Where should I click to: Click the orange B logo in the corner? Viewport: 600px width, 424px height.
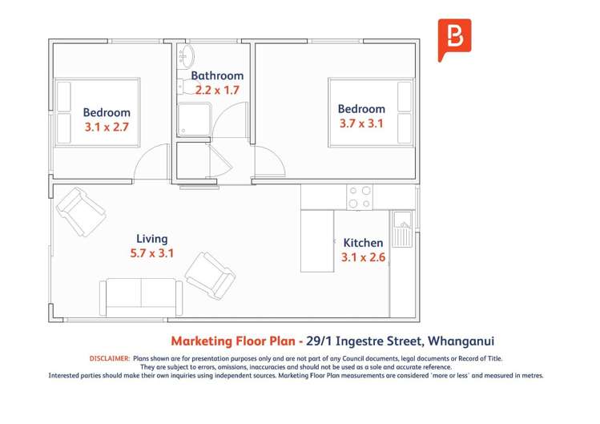(x=454, y=39)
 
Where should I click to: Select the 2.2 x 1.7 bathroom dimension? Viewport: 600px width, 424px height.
(x=217, y=91)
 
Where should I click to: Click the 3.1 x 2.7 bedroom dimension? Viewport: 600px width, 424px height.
(x=107, y=127)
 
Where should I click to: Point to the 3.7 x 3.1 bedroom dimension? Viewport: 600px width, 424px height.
(x=360, y=123)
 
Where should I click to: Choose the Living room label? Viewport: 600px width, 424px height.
(x=152, y=239)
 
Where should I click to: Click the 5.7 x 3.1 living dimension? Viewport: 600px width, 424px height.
(x=152, y=253)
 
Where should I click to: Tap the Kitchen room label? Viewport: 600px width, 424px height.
(x=363, y=243)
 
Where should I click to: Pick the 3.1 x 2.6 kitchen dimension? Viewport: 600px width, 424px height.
(x=363, y=257)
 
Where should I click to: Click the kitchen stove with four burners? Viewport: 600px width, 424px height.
(x=360, y=197)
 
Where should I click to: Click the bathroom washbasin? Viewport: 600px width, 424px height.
(x=186, y=56)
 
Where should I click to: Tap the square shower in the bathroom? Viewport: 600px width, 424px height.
(x=193, y=120)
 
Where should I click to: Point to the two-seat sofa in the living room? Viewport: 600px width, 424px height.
(x=141, y=297)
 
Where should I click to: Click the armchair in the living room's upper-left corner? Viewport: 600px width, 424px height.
(x=80, y=210)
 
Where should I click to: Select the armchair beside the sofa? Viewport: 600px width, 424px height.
(x=210, y=274)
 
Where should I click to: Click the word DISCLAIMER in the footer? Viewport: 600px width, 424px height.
(x=109, y=358)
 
